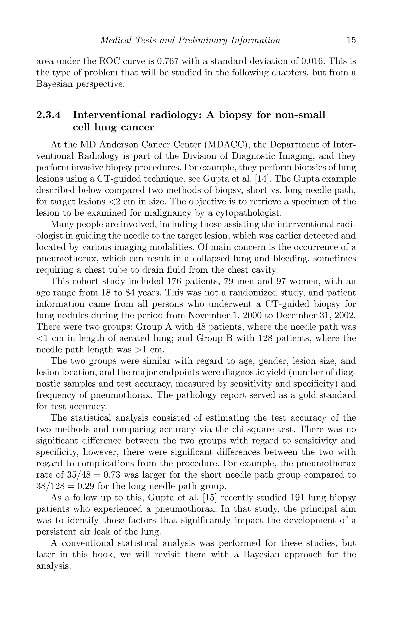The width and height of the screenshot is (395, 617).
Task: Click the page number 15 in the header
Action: pyautogui.click(x=351, y=40)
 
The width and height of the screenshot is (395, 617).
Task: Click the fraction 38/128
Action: pyautogui.click(x=50, y=486)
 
